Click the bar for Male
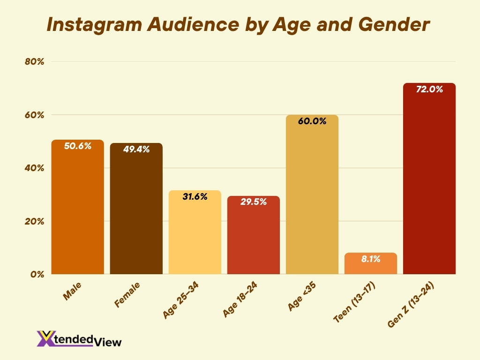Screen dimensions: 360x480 pyautogui.click(x=78, y=211)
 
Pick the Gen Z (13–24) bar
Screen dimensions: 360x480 pyautogui.click(x=429, y=187)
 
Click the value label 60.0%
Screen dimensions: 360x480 pyautogui.click(x=312, y=121)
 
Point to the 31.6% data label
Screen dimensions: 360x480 pyautogui.click(x=195, y=197)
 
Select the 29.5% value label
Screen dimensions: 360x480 pyautogui.click(x=254, y=202)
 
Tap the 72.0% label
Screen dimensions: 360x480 pyautogui.click(x=429, y=89)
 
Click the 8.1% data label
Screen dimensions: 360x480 pyautogui.click(x=371, y=259)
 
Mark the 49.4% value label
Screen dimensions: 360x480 pyautogui.click(x=136, y=150)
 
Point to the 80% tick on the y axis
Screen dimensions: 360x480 pyautogui.click(x=34, y=62)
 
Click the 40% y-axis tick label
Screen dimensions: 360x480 pyautogui.click(x=34, y=168)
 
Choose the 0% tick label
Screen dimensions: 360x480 pyautogui.click(x=37, y=274)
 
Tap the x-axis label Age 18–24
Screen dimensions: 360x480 pyautogui.click(x=239, y=301)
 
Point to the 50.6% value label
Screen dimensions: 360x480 pyautogui.click(x=78, y=146)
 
